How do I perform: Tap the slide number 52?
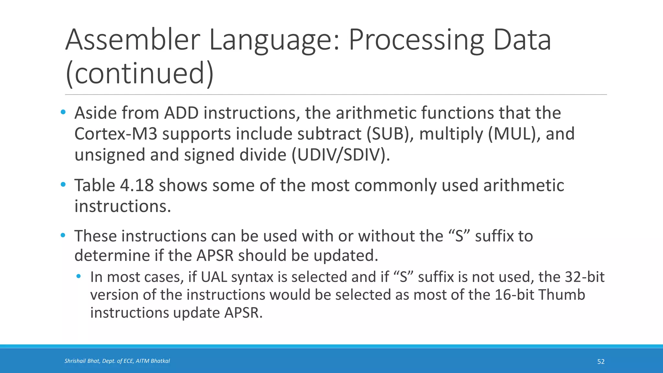click(x=601, y=362)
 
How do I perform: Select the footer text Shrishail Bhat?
click(x=82, y=361)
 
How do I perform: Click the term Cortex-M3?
click(x=116, y=134)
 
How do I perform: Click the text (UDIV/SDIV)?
click(x=341, y=155)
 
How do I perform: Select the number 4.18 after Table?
click(x=137, y=186)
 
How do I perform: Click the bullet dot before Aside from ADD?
click(x=63, y=112)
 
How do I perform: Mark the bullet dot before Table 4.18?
click(x=63, y=185)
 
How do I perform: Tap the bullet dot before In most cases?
click(x=78, y=276)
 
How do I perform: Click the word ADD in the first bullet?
click(x=181, y=113)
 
